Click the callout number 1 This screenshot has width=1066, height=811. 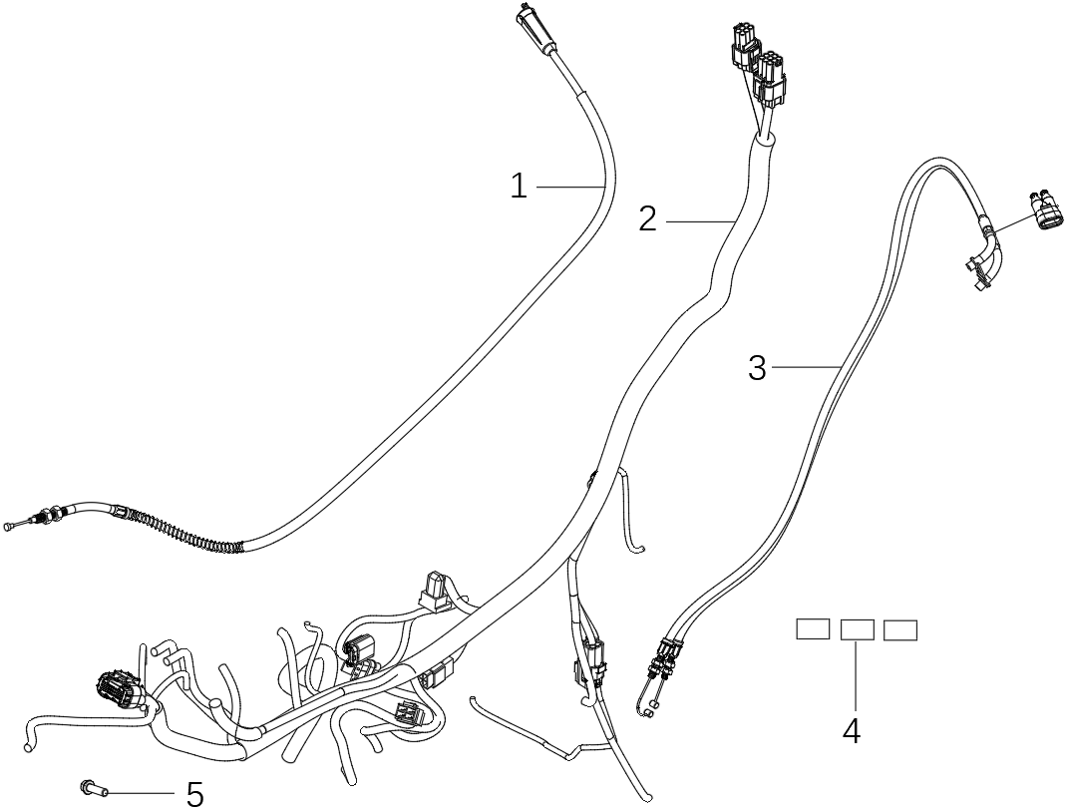(x=518, y=186)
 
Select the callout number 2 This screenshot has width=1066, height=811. (x=648, y=218)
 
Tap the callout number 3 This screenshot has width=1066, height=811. (x=758, y=368)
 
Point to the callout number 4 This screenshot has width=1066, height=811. (x=851, y=731)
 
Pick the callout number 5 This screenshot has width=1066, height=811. (x=195, y=794)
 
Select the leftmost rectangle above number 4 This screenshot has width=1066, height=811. (x=812, y=628)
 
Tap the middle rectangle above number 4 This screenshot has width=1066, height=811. (x=858, y=629)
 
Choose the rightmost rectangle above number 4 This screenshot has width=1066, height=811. (x=900, y=630)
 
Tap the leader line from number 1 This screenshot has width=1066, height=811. (x=570, y=187)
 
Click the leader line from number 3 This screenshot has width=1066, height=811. (x=805, y=368)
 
